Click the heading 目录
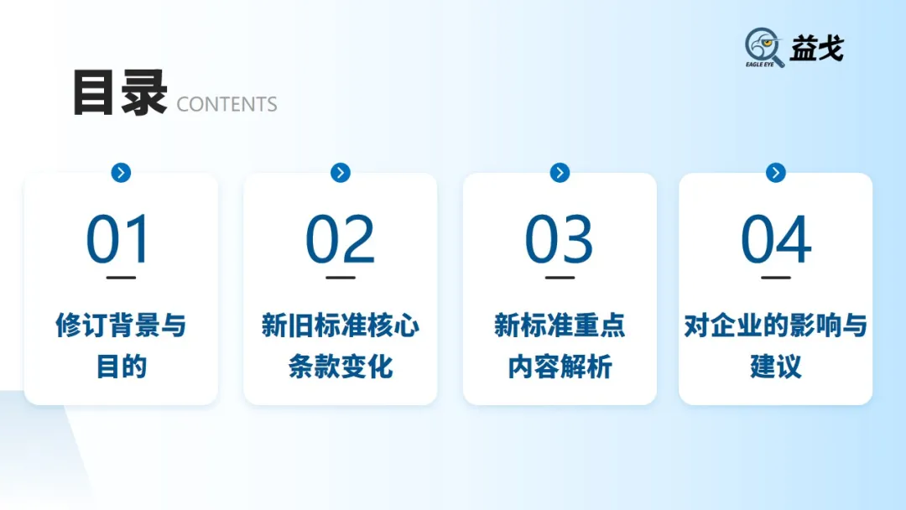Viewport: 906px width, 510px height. [120, 94]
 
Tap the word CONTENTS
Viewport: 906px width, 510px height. [226, 105]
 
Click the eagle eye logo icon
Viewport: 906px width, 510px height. [764, 48]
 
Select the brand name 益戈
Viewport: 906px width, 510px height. [816, 49]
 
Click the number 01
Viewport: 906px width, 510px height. [119, 241]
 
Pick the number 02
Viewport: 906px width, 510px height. [340, 241]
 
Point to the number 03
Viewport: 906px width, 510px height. [559, 241]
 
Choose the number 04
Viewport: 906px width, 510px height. [776, 241]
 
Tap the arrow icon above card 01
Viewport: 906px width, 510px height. [121, 173]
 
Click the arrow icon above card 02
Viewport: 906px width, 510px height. [340, 173]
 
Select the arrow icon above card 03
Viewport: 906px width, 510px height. [560, 173]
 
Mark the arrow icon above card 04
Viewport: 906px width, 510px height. [776, 173]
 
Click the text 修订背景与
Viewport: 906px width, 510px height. [121, 325]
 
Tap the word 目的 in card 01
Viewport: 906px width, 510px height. [121, 367]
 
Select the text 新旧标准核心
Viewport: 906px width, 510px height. [340, 325]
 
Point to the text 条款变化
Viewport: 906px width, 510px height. [340, 367]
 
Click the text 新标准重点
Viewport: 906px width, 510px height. [560, 325]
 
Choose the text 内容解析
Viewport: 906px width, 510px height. [560, 367]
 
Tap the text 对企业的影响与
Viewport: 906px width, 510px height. [776, 325]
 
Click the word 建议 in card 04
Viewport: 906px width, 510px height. [776, 367]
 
